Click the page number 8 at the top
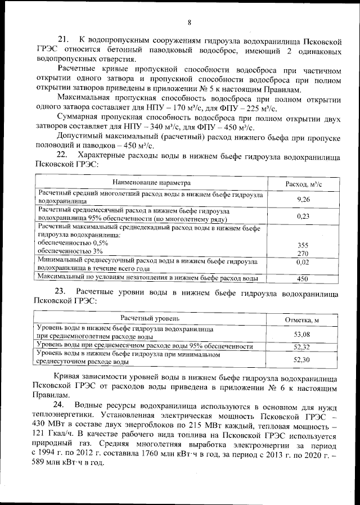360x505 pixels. (190, 22)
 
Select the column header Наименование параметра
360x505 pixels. (151, 183)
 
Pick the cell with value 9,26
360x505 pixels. (303, 199)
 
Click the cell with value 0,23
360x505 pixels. (303, 215)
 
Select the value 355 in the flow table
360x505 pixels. (303, 245)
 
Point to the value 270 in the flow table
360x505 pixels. (303, 253)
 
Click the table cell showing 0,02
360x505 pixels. (303, 262)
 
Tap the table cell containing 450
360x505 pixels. (303, 278)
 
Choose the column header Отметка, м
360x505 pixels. (302, 320)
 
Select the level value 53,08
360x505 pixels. (302, 335)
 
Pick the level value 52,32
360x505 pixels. (302, 346)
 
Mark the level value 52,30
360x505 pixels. (302, 359)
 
